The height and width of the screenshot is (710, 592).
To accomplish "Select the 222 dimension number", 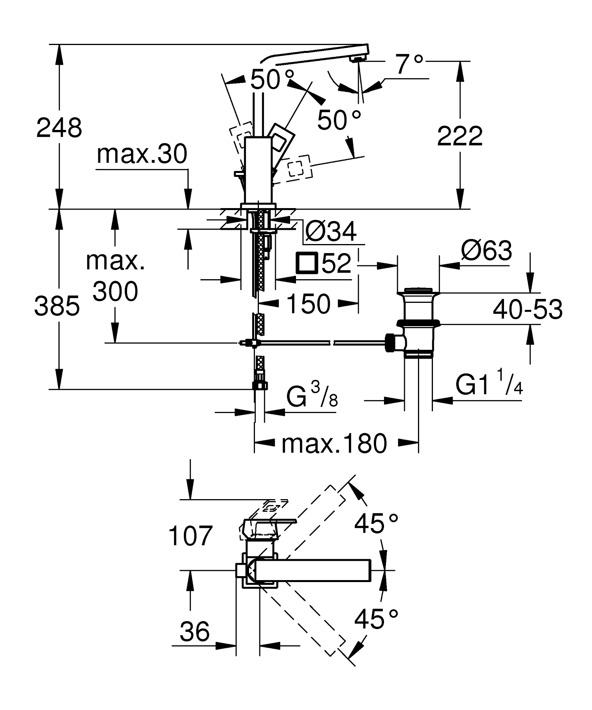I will (x=460, y=136).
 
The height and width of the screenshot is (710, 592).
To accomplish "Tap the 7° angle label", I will (x=409, y=64).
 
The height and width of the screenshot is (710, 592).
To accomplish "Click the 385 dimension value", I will (x=57, y=306).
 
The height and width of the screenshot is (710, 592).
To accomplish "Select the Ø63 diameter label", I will (x=486, y=250).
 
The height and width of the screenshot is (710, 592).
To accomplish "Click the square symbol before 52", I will (x=307, y=263).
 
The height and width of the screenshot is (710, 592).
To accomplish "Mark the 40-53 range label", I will (x=527, y=309).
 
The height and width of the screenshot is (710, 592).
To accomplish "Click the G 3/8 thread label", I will (x=312, y=397).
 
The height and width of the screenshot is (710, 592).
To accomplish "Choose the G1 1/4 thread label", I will (x=489, y=385).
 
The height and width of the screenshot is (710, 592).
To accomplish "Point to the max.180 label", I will (x=333, y=443).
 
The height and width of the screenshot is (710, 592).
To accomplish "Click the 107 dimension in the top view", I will (x=190, y=536).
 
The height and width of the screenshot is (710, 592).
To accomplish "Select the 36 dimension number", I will (x=194, y=631).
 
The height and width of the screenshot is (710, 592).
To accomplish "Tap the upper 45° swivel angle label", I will (x=376, y=524).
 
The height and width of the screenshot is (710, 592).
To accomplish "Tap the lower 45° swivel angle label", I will (x=376, y=619).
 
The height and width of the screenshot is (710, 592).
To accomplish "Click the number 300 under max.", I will (x=115, y=292).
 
